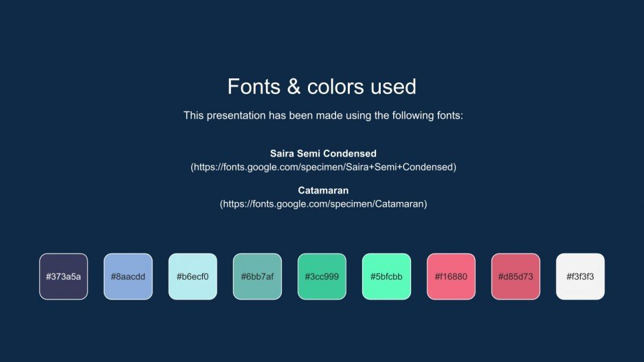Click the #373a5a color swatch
[64, 277]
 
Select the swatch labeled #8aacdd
[128, 277]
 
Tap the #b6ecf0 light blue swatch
[192, 277]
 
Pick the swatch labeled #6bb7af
[258, 277]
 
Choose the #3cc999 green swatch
[322, 277]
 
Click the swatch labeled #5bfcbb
[386, 277]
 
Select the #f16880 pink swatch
[451, 277]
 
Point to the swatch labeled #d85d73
[516, 277]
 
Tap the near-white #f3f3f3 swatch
[580, 277]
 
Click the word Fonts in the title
[254, 87]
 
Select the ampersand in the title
[293, 87]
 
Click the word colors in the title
[335, 87]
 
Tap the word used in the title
[393, 87]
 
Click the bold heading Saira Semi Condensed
[323, 153]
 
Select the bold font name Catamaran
[323, 190]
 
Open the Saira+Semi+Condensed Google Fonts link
[323, 167]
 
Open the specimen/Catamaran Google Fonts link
[323, 204]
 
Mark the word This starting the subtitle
[193, 115]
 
